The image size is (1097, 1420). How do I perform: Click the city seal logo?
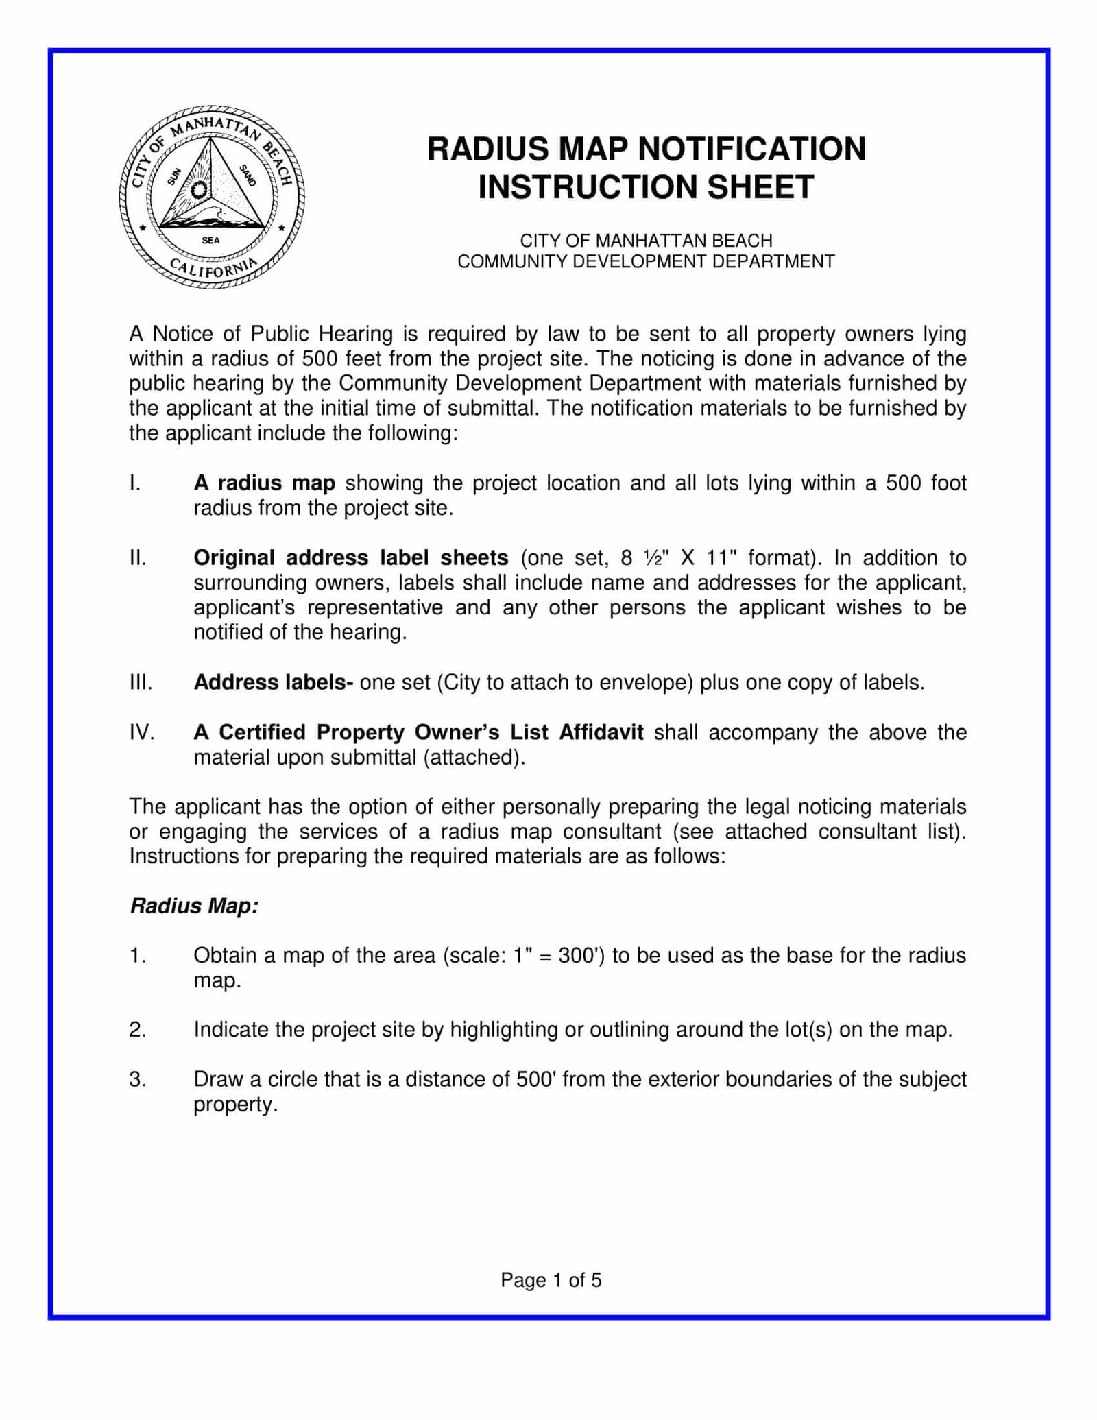click(x=211, y=197)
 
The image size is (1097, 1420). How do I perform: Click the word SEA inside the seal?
click(x=210, y=240)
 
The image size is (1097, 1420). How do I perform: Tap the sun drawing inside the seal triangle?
click(x=200, y=189)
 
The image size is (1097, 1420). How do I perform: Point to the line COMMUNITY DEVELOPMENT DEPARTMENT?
click(x=646, y=261)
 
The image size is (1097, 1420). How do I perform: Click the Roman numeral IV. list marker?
click(x=142, y=732)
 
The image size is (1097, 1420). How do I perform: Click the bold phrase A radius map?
click(x=264, y=483)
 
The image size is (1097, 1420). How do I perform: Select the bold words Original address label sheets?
click(x=350, y=557)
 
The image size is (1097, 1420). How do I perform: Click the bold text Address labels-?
click(x=273, y=682)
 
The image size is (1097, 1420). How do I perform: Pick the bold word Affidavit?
click(x=601, y=732)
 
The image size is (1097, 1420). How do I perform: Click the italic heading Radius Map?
click(x=194, y=906)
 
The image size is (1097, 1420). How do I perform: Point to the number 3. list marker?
click(x=137, y=1079)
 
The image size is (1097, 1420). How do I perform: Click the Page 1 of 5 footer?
click(x=551, y=1280)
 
